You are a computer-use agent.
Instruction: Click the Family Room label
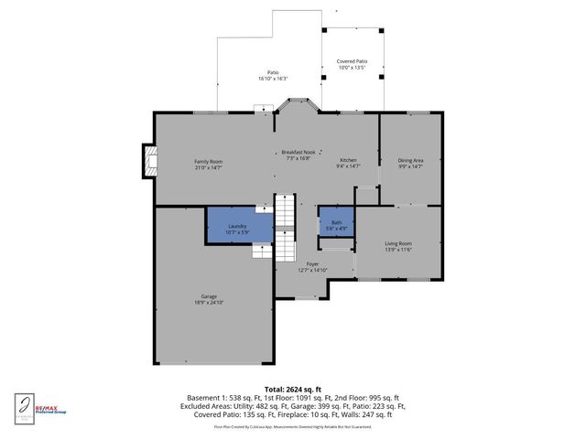(x=208, y=162)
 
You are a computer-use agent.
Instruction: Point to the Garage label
(x=209, y=296)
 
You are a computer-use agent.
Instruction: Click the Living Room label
(x=397, y=243)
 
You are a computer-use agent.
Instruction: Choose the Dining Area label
(x=410, y=160)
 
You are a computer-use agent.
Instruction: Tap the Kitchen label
(x=348, y=160)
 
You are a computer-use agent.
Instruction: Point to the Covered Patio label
(x=352, y=61)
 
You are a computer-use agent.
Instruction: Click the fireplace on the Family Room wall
(x=146, y=162)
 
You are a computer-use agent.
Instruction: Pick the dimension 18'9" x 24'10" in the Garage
(x=209, y=302)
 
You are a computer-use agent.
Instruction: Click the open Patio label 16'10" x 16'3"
(x=272, y=75)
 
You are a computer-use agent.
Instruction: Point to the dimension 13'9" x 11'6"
(x=397, y=250)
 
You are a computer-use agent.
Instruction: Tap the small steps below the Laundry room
(x=264, y=249)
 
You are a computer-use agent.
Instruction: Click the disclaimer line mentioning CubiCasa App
(x=293, y=426)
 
